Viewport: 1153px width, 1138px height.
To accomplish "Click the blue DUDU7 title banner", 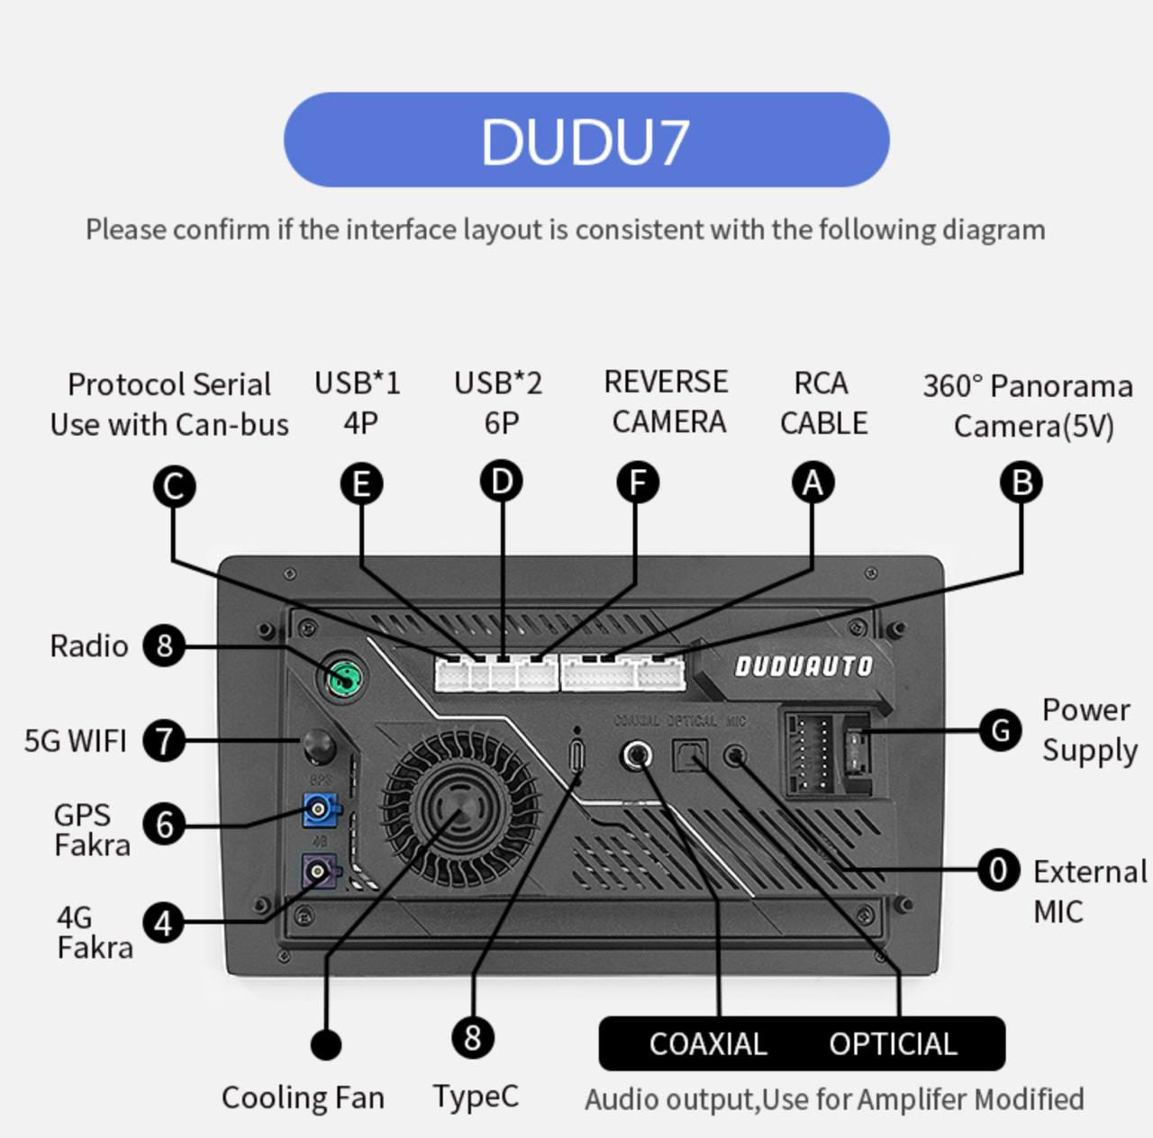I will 586,140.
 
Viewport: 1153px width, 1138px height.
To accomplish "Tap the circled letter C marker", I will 174,487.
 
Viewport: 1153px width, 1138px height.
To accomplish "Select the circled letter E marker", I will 361,484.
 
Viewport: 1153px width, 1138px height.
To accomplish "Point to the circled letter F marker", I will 637,483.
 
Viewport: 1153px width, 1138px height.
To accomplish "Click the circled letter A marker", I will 813,483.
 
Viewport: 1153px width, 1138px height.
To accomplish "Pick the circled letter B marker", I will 1021,483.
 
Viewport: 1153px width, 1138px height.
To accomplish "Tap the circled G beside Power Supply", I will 1000,730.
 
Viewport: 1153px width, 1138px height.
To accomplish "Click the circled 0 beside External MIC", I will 998,871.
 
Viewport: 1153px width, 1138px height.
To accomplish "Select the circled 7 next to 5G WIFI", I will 164,741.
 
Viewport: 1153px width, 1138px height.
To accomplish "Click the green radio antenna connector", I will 344,677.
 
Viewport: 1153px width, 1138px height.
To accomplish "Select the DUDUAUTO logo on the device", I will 803,666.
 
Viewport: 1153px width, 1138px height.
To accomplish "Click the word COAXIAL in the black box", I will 708,1044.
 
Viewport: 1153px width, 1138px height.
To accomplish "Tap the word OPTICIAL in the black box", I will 893,1044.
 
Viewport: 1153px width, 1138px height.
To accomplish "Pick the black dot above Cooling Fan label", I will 325,1044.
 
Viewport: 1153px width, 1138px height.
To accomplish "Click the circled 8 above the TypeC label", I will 473,1037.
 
